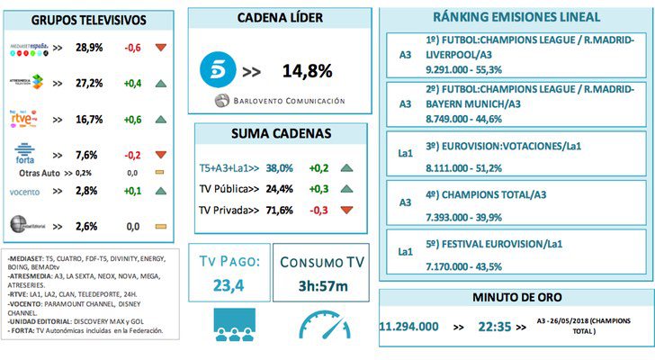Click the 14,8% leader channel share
[x=308, y=70]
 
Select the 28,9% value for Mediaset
[x=85, y=48]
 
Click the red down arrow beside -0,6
[x=161, y=48]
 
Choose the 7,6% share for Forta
[x=85, y=153]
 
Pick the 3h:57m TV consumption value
[x=321, y=285]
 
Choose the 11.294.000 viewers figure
[x=415, y=325]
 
